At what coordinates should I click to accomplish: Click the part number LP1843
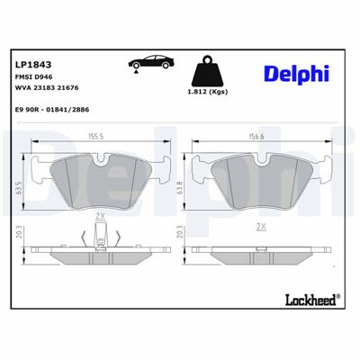[33, 64]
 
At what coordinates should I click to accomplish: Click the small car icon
[148, 65]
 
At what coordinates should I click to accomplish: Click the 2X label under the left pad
[100, 217]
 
